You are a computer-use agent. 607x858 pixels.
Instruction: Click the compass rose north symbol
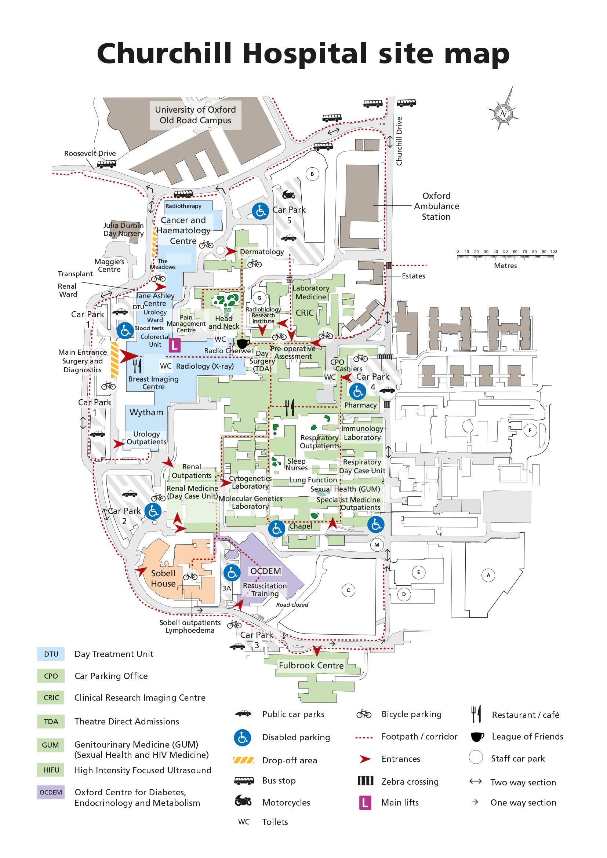tap(503, 113)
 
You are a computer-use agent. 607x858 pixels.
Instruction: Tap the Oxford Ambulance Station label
tap(436, 206)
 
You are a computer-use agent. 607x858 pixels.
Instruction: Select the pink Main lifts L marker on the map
tap(175, 345)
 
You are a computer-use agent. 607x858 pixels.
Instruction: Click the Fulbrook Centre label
tap(311, 665)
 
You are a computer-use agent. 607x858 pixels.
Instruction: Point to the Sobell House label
tap(163, 578)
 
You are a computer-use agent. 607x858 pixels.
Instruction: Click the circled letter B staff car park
tap(312, 174)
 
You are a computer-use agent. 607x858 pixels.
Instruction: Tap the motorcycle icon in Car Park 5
tap(288, 195)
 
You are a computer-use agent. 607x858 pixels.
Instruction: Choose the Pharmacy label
tap(360, 405)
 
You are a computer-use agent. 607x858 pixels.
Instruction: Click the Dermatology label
tap(262, 252)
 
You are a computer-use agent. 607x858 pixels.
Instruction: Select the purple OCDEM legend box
tap(51, 792)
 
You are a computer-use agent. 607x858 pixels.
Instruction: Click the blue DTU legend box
tap(51, 654)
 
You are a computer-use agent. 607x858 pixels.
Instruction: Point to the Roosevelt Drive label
tap(90, 154)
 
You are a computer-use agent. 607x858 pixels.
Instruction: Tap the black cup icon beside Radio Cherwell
tap(243, 343)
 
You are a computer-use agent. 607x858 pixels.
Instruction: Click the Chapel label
tap(301, 526)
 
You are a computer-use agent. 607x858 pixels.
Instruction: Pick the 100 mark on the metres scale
tap(553, 252)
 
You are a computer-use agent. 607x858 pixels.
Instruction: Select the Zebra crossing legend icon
tap(365, 781)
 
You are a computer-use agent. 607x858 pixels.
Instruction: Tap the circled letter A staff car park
tap(488, 575)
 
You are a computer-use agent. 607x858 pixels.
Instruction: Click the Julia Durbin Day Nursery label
tap(123, 229)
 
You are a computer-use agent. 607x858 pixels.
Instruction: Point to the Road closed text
tap(292, 605)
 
